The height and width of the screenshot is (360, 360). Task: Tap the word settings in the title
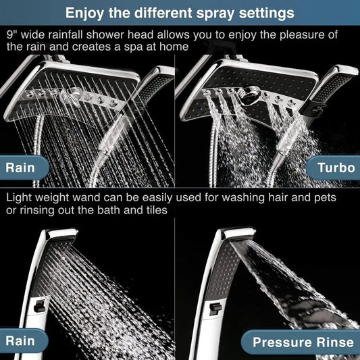pyautogui.click(x=261, y=12)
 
